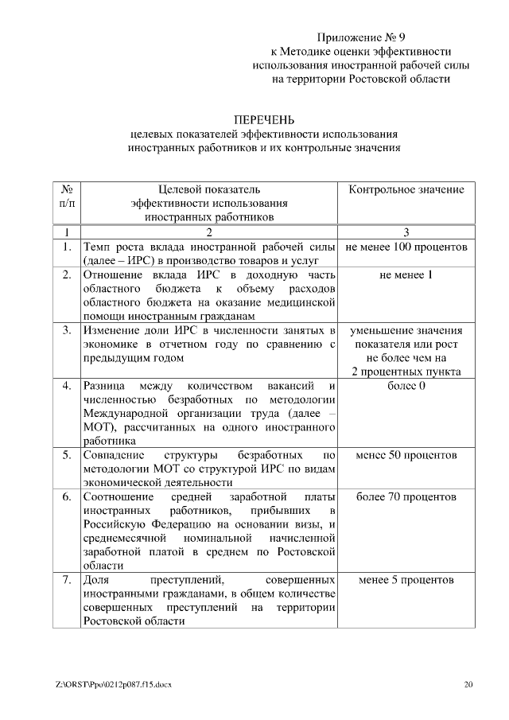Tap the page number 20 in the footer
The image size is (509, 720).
468,683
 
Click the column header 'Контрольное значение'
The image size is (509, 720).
406,189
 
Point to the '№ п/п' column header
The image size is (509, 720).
68,196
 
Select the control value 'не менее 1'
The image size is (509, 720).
406,274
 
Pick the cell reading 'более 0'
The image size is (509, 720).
406,386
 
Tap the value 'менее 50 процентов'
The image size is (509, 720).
406,456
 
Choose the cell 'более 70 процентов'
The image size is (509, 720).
406,497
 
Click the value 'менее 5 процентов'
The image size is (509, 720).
406,580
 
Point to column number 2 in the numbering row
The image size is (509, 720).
209,232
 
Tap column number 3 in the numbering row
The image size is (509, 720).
406,232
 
